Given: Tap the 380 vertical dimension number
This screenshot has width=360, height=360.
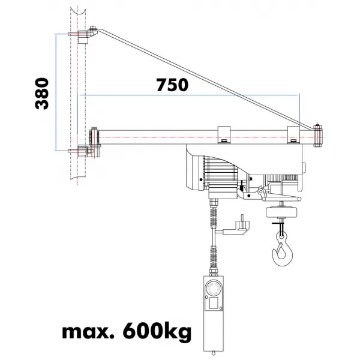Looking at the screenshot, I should [41, 93].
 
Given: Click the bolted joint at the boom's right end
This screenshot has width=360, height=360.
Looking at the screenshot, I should [318, 135].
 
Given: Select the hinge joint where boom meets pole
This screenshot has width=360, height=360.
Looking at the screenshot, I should [94, 138].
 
